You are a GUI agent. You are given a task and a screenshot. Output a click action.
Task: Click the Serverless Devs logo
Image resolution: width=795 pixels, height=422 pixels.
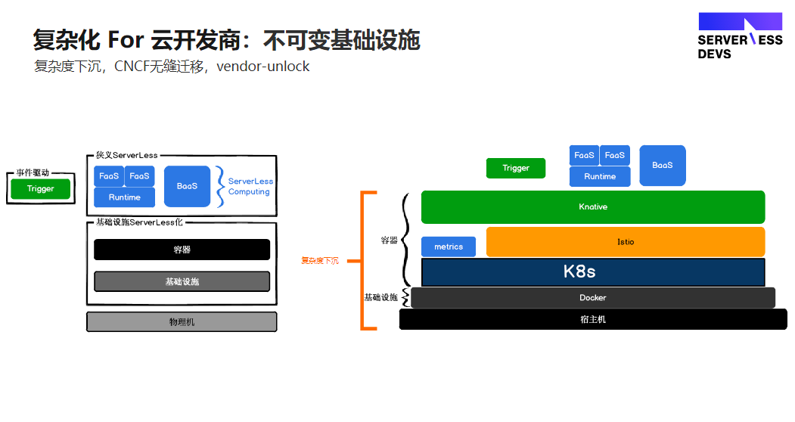pos(741,36)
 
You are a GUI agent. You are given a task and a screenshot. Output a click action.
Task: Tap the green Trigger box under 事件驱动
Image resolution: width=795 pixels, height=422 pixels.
pos(41,188)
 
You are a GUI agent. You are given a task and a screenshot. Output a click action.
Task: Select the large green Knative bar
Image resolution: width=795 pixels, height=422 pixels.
pos(593,207)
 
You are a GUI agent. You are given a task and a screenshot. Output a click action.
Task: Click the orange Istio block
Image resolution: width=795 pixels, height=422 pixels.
pos(625,242)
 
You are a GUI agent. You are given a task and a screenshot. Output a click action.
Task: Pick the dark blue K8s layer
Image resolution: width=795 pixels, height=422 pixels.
pos(593,272)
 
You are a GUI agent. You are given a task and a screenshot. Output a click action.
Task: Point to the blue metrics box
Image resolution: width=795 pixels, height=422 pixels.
pos(449,247)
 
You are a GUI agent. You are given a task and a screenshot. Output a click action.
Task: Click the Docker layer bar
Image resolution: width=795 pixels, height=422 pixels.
pos(593,298)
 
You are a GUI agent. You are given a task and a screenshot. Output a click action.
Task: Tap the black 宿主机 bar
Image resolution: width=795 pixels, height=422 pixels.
pos(593,320)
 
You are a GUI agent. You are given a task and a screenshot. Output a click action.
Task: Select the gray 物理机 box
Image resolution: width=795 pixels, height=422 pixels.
pos(182,322)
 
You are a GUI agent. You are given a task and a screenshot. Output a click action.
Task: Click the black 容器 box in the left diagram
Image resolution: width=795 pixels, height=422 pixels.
pos(182,250)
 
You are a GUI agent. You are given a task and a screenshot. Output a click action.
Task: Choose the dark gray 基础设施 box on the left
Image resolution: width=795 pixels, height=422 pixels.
pos(182,281)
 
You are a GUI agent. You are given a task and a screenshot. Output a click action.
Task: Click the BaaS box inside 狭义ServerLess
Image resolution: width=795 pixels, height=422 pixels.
pos(187,186)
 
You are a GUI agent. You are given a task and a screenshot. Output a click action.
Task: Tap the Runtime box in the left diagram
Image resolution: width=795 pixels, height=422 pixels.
pos(124,197)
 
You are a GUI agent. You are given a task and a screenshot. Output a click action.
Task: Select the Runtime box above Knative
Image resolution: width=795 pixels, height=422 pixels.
pos(600,176)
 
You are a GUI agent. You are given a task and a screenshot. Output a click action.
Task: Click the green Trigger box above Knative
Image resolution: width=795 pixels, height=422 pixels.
pos(516,168)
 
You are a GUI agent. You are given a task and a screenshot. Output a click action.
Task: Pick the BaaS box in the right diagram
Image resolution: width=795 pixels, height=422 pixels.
pos(662,166)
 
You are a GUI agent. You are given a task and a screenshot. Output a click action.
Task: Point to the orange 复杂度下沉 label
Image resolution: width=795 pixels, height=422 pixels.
pos(320,261)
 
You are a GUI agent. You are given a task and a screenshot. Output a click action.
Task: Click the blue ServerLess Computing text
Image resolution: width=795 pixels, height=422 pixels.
pos(250,186)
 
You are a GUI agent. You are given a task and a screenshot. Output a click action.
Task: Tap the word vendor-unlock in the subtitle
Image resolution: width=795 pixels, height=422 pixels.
pos(262,67)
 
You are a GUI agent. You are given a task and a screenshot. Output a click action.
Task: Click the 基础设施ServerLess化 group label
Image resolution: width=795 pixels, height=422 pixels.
pos(139,222)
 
